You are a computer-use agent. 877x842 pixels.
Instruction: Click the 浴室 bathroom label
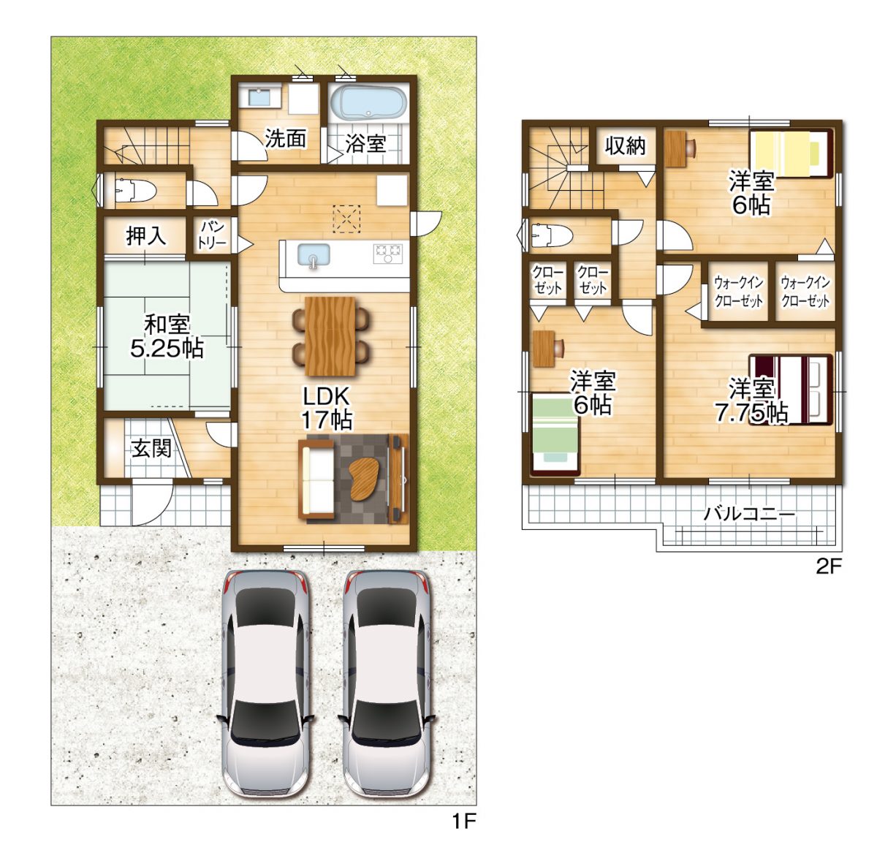click(365, 143)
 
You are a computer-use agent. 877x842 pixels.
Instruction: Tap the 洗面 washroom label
click(285, 138)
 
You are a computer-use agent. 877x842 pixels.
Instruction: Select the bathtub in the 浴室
click(368, 103)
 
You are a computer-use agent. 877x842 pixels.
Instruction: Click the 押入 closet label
click(146, 235)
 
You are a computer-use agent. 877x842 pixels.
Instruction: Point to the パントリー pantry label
click(212, 235)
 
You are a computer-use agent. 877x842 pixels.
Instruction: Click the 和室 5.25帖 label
click(167, 335)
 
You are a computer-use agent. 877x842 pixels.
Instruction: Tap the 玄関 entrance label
click(151, 448)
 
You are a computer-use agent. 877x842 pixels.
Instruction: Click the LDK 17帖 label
click(327, 408)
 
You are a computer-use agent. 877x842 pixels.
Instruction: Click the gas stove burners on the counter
click(387, 253)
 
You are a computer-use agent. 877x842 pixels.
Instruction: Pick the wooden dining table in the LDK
click(330, 335)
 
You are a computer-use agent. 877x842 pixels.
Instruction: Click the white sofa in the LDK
click(317, 479)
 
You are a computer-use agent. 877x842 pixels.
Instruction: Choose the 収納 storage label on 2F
click(626, 146)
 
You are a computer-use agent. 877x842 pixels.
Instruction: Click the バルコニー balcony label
click(749, 514)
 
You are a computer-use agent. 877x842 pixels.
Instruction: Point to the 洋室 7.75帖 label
click(751, 401)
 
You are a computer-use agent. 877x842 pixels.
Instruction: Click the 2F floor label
click(829, 566)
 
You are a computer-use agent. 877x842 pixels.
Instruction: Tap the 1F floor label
click(463, 822)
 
